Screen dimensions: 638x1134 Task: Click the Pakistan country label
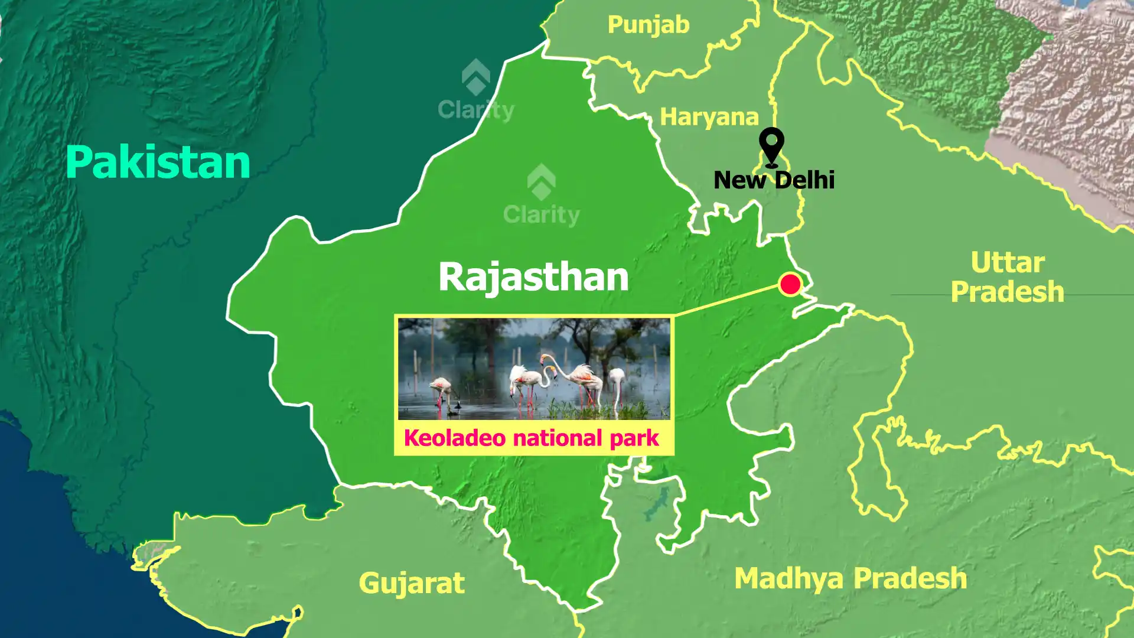point(158,162)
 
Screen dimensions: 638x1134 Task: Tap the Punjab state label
point(649,25)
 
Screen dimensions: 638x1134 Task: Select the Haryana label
point(709,117)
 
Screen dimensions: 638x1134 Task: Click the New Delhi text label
point(774,180)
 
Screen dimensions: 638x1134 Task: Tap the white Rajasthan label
point(533,276)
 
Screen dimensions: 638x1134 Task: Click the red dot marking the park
point(790,284)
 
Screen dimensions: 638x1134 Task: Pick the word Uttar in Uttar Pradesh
point(1008,263)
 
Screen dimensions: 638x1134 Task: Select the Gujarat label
point(412,583)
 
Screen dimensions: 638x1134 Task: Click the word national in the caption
point(558,438)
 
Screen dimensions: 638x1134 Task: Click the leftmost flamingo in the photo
point(441,389)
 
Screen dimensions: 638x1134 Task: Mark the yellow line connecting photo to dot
point(726,300)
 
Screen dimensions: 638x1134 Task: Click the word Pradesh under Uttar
point(1008,292)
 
